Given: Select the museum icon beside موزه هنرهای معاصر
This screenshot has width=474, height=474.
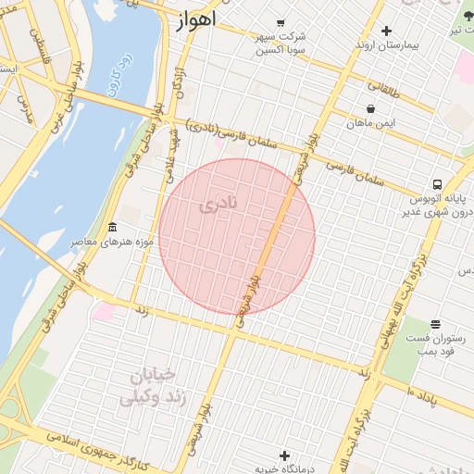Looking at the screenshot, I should pos(113,228).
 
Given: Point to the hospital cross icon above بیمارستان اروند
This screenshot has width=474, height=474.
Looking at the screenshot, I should pos(386,31).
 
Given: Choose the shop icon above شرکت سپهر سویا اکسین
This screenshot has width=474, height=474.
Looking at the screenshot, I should pos(281,23).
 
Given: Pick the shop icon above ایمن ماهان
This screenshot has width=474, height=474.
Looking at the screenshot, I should pos(370,108).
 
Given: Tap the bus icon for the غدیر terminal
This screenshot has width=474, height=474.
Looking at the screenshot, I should pos(436,183).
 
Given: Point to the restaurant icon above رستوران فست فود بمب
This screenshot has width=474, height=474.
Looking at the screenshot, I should pos(434,324).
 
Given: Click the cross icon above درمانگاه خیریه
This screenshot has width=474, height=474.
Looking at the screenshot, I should pos(284,455).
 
